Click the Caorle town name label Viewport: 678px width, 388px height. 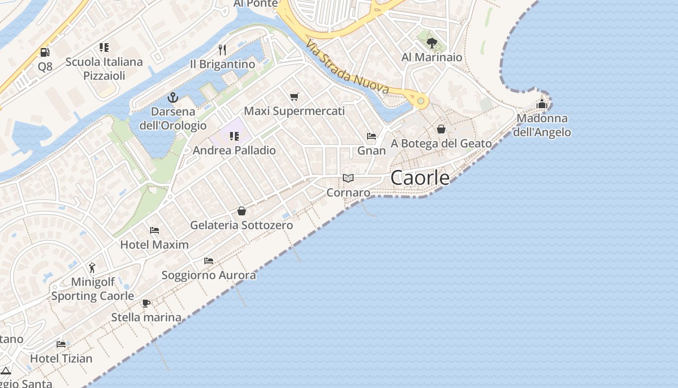[420, 178]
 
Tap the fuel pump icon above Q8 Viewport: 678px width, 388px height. [45, 52]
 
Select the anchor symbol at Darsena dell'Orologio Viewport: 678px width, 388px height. [173, 97]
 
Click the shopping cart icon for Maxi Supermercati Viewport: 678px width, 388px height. [294, 97]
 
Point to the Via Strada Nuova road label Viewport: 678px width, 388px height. [347, 66]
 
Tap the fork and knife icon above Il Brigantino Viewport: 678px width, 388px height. [222, 49]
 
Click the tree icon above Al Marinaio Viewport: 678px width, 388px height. [431, 43]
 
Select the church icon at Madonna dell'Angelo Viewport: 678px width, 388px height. [541, 104]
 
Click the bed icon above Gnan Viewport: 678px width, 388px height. [371, 136]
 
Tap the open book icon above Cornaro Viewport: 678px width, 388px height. [348, 178]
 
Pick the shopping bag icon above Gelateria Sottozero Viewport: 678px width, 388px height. [241, 211]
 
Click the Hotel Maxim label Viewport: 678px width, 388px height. [154, 244]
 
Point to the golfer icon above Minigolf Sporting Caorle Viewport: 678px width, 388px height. [92, 267]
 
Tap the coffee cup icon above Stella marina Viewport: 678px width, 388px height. [146, 304]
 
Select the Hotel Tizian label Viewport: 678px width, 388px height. [61, 358]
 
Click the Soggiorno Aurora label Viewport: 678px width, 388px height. [209, 275]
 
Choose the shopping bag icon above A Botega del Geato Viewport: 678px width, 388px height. [441, 129]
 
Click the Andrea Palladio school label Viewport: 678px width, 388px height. [234, 150]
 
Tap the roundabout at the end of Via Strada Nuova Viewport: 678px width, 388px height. [421, 101]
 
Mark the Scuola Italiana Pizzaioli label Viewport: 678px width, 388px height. [104, 68]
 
